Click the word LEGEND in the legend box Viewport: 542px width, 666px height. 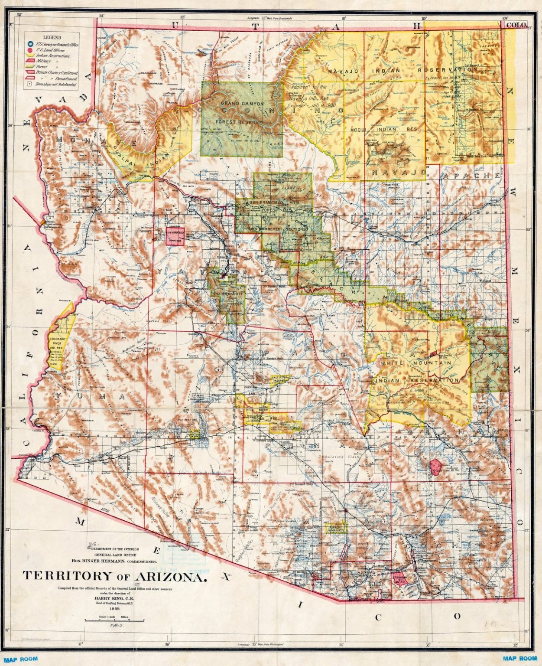tap(52, 37)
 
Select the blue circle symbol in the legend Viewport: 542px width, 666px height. tap(29, 44)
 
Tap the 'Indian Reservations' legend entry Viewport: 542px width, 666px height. tap(53, 56)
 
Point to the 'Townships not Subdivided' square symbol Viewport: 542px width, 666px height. tap(29, 85)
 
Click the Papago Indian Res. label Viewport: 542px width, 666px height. tap(336, 528)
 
